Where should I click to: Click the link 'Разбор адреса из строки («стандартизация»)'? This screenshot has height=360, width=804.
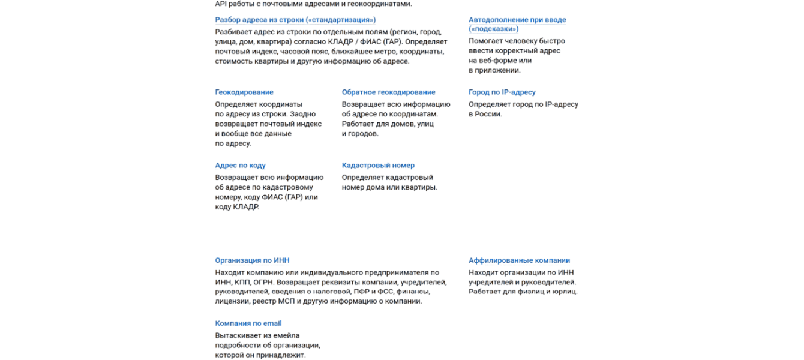point(295,20)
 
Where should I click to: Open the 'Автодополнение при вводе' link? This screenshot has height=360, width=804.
point(517,20)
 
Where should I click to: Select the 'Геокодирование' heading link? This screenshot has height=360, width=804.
point(244,92)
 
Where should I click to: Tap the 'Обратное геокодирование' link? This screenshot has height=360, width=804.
point(388,92)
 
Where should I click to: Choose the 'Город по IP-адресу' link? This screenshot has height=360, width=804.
point(502,92)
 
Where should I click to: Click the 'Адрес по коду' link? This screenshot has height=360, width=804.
point(240,166)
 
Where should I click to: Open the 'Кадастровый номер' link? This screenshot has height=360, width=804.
point(378,166)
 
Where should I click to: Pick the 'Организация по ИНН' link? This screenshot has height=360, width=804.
point(252,260)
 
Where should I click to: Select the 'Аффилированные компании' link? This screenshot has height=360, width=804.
point(519,260)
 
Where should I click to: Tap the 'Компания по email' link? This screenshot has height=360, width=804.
point(248,323)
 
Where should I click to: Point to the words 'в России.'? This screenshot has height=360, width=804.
point(485,114)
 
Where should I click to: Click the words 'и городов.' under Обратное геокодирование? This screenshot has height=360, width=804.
point(360,134)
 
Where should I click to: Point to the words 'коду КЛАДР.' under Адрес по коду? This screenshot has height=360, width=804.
point(237,207)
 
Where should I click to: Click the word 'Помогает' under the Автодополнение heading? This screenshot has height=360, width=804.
point(485,41)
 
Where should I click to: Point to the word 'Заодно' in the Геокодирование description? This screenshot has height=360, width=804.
point(303,114)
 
